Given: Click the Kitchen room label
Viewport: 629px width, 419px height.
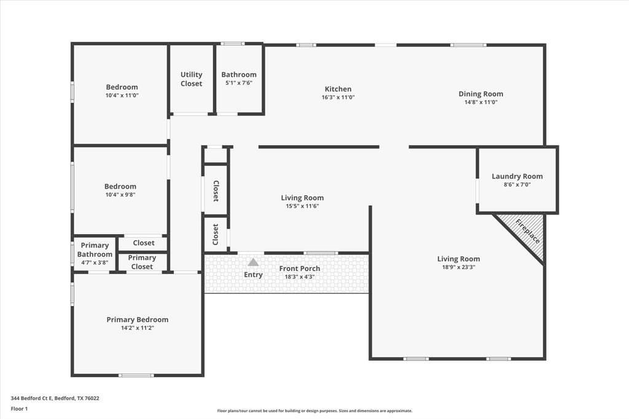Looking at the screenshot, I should click(x=338, y=89).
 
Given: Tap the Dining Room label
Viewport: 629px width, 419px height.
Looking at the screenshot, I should click(x=480, y=94).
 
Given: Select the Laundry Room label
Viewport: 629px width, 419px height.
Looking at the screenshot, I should click(x=517, y=176).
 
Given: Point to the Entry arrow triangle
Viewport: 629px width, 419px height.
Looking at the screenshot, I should click(x=253, y=262).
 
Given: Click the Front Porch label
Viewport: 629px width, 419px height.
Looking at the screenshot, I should click(x=300, y=268).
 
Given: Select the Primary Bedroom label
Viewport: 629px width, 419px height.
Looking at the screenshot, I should click(x=137, y=319).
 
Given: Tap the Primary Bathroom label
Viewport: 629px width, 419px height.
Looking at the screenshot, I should click(x=95, y=250).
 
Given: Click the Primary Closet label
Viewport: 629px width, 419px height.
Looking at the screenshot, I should click(x=142, y=262).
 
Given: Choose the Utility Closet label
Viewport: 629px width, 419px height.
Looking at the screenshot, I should click(x=191, y=79).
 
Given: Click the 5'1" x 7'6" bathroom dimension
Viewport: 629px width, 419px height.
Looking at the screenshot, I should click(x=239, y=83).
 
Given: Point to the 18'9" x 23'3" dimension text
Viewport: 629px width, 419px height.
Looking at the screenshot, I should click(x=458, y=267).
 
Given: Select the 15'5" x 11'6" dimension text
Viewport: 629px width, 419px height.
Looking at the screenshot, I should click(x=302, y=206).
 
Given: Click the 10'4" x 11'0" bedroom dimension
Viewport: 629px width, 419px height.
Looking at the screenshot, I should click(x=122, y=95).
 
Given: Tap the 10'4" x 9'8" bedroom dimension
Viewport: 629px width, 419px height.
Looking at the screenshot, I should click(x=120, y=195).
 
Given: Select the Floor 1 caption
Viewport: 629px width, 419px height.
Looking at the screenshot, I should click(x=19, y=408).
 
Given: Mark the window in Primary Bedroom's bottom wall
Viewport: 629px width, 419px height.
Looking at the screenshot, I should click(x=136, y=375).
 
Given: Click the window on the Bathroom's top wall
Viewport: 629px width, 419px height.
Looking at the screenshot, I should click(x=232, y=44).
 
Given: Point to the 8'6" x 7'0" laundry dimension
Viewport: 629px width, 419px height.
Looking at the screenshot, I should click(x=517, y=184).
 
